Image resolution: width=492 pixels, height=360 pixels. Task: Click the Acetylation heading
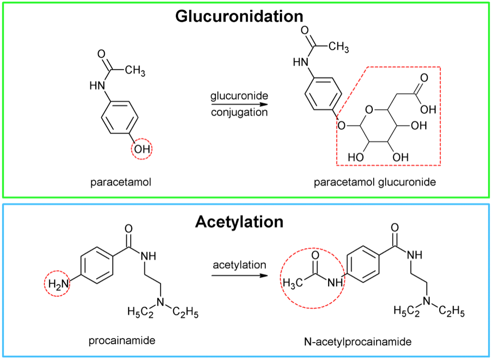coord(239,222)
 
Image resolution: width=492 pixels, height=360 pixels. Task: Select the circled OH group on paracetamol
coord(142,149)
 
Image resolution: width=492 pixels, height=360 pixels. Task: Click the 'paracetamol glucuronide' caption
coord(375,182)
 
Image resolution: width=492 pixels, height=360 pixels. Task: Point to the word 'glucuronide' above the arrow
coord(239,96)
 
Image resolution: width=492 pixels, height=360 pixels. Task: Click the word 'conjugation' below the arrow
coord(239,112)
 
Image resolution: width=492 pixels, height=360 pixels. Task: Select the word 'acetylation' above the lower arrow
coord(239,264)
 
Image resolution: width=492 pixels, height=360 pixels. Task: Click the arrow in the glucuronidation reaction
coord(239,104)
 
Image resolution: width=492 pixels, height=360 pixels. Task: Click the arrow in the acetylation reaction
coord(239,275)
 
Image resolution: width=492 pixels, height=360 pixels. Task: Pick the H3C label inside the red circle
coord(293,282)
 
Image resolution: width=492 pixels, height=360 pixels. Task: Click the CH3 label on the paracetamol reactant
coord(134,71)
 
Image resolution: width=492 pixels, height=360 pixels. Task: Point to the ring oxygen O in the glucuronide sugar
coord(368,109)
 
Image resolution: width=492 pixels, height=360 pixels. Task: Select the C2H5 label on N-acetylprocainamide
coord(452,310)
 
